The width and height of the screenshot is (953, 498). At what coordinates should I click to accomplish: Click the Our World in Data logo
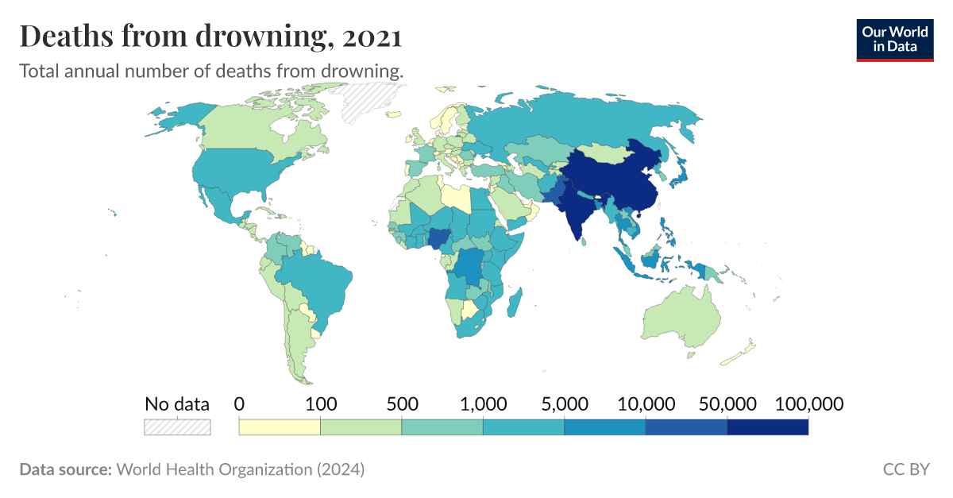894,40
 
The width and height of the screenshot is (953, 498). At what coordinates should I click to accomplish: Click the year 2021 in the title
368,37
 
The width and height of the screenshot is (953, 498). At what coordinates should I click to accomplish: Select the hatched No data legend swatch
177,427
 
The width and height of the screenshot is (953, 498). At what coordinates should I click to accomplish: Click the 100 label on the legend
321,403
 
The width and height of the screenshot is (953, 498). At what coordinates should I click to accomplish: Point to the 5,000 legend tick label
565,403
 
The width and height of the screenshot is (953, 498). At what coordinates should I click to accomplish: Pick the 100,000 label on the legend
808,403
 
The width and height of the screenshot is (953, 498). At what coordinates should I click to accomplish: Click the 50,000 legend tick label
727,403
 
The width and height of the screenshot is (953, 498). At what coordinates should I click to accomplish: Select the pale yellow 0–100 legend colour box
280,427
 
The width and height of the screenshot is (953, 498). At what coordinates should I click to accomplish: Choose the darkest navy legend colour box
767,427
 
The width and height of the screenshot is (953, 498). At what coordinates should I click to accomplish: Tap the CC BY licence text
905,469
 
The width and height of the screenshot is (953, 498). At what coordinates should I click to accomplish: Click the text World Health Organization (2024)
241,469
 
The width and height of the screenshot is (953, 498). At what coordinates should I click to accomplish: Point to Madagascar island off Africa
515,303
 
